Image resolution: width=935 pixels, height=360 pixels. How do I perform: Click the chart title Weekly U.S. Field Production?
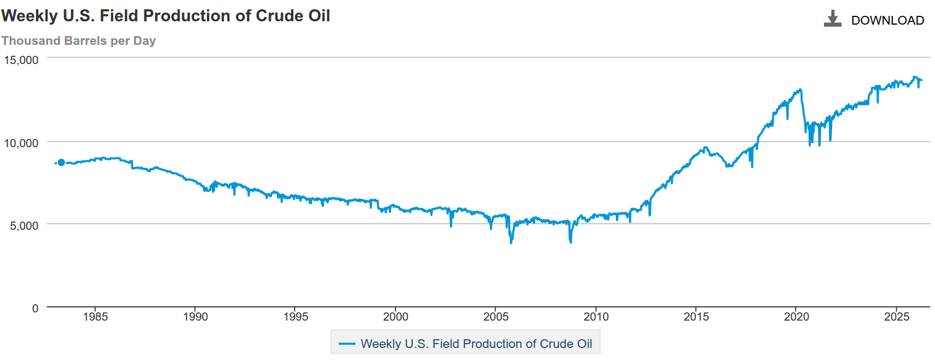[165, 16]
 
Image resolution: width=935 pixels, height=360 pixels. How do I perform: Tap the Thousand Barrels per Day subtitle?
[78, 41]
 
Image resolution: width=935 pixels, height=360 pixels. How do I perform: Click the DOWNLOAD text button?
[887, 20]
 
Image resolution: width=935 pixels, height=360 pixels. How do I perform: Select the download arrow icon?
[832, 19]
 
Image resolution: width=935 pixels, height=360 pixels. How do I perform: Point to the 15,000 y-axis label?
[21, 60]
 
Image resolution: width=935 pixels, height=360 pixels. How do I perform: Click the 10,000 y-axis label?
[21, 143]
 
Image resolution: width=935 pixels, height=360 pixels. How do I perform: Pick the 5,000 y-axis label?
[24, 226]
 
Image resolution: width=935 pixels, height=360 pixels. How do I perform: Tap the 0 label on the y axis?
[35, 309]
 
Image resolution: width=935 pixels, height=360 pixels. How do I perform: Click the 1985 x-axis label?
[95, 317]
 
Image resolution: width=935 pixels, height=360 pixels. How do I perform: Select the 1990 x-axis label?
[195, 317]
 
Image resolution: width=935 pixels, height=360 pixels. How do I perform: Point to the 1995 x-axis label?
[295, 317]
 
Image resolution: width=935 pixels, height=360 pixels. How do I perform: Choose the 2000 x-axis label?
[396, 317]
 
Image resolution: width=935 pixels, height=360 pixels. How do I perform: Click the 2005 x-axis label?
[496, 317]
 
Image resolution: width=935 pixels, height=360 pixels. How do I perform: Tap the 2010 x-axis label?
[596, 317]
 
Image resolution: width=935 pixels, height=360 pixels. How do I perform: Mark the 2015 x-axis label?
[696, 317]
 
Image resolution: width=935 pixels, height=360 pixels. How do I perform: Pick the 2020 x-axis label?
[796, 317]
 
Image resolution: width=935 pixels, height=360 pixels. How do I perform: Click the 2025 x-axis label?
[897, 317]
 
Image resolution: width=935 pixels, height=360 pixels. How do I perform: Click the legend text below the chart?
[476, 344]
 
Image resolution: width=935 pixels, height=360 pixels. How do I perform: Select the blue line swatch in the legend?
[347, 344]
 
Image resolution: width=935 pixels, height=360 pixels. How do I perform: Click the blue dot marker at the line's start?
[61, 162]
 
